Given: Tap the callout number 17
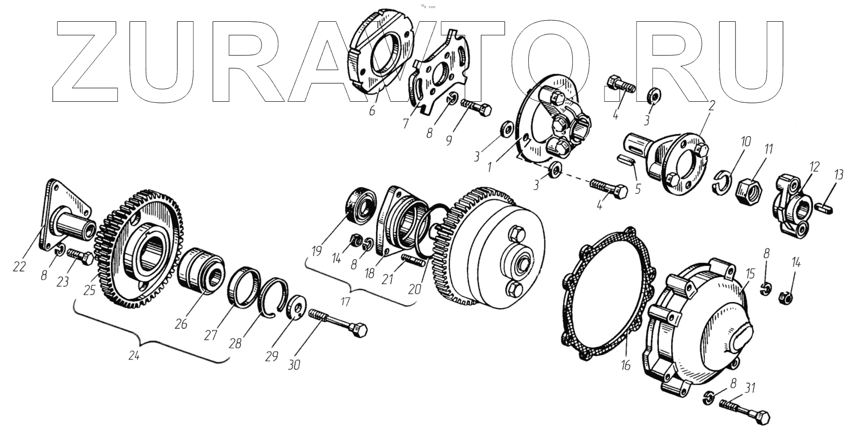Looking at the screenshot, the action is pyautogui.click(x=346, y=300).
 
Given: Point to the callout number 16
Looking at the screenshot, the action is pyautogui.click(x=625, y=365).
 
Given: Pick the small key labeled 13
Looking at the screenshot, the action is pyautogui.click(x=827, y=206).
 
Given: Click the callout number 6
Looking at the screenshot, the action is pyautogui.click(x=372, y=110).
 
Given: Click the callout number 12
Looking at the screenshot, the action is pyautogui.click(x=812, y=167).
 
